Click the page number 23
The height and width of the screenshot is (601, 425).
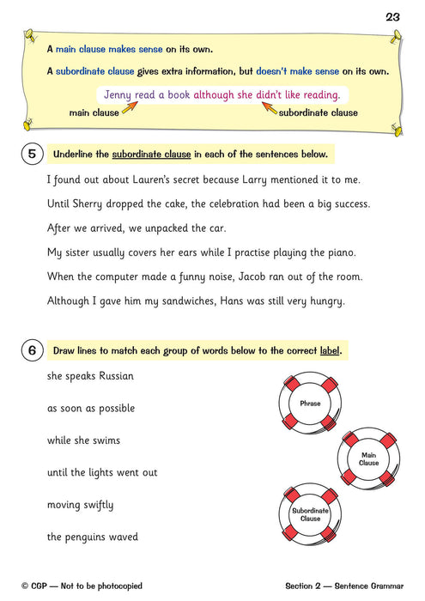[x=393, y=16]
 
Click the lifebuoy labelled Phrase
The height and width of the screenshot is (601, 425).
[x=310, y=403]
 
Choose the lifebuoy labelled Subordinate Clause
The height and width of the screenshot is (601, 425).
[x=310, y=514]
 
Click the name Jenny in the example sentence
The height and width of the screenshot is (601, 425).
[x=119, y=94]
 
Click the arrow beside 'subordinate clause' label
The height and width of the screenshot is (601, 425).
[x=268, y=108]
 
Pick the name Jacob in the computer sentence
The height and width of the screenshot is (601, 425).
[x=257, y=276]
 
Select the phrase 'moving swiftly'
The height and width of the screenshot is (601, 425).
[x=80, y=505]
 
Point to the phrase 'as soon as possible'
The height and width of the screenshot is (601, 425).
[x=90, y=409]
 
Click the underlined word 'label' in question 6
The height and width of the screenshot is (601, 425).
[x=336, y=350]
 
